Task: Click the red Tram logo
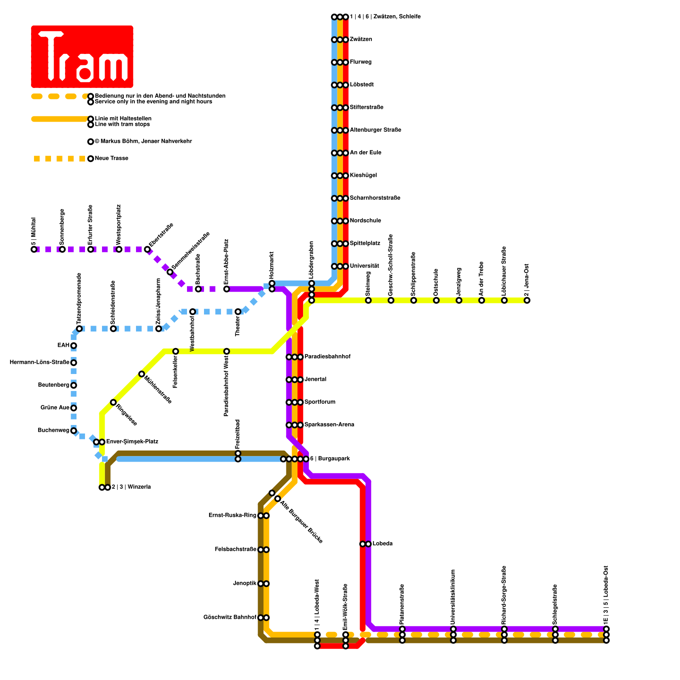pyautogui.click(x=82, y=57)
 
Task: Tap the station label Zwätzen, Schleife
pyautogui.click(x=385, y=17)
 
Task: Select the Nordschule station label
pyautogui.click(x=365, y=221)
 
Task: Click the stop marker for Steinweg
pyautogui.click(x=368, y=300)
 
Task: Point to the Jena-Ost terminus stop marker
pyautogui.click(x=527, y=300)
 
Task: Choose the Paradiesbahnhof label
pyautogui.click(x=327, y=357)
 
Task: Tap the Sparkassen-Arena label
pyautogui.click(x=329, y=425)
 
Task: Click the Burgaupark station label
pyautogui.click(x=330, y=459)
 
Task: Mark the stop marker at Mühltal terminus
pyautogui.click(x=34, y=249)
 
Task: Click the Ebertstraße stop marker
pyautogui.click(x=147, y=249)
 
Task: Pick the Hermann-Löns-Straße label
pyautogui.click(x=40, y=363)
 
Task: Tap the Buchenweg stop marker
pyautogui.click(x=74, y=431)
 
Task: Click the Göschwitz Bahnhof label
pyautogui.click(x=230, y=618)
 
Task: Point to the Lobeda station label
pyautogui.click(x=382, y=544)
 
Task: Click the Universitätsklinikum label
pyautogui.click(x=453, y=597)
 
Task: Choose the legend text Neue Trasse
pyautogui.click(x=112, y=159)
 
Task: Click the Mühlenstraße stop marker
pyautogui.click(x=142, y=374)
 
